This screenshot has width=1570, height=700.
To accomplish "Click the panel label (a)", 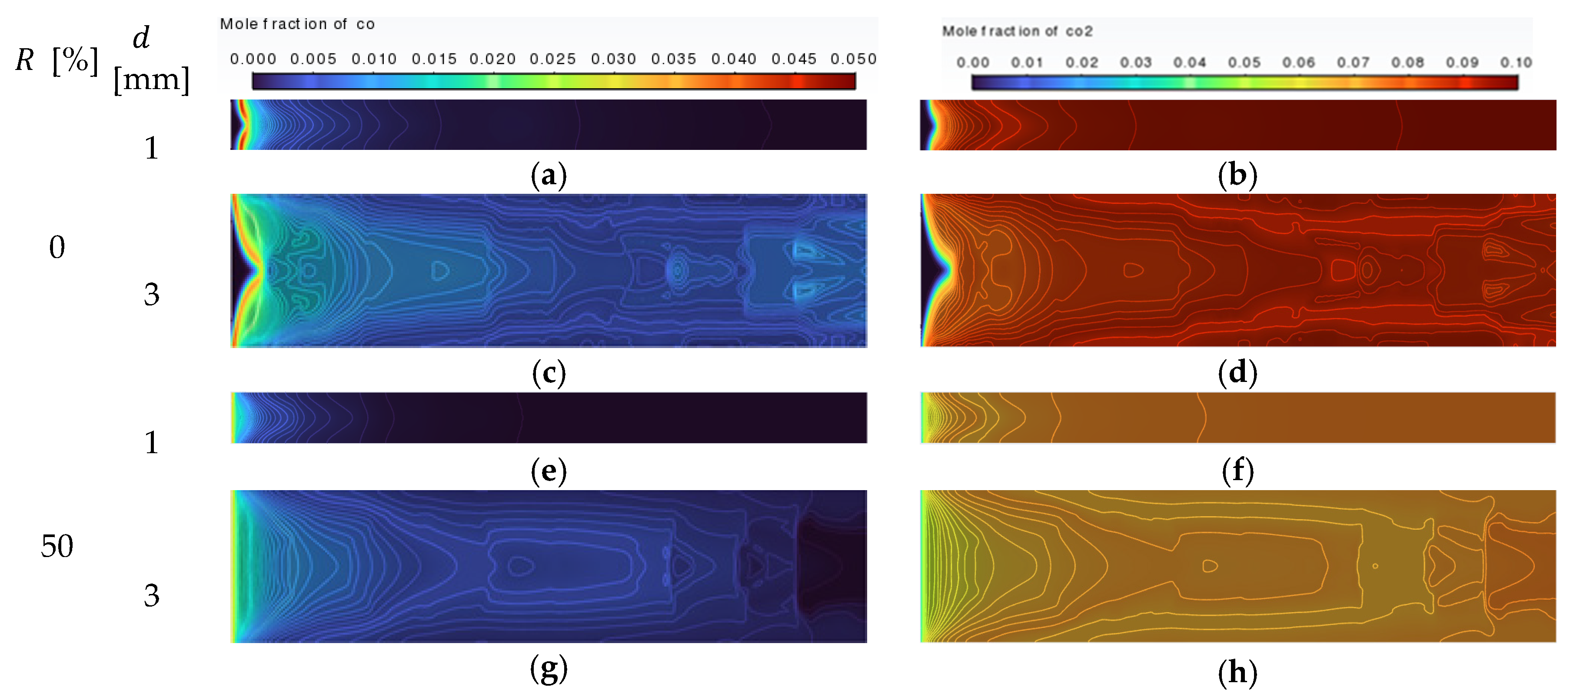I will (x=549, y=176).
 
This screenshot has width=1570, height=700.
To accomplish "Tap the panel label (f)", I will (x=1237, y=471).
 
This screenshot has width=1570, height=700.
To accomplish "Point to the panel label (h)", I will (x=1237, y=673).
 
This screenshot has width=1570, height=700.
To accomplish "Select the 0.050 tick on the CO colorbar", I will (x=853, y=59).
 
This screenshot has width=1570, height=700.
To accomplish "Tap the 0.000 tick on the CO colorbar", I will (x=253, y=59).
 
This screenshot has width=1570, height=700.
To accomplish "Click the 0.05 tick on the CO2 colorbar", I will (x=1244, y=63).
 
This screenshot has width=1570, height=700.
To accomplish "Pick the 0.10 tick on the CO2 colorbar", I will (x=1516, y=63).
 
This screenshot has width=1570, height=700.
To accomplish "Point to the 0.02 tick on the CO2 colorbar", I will (x=1081, y=63).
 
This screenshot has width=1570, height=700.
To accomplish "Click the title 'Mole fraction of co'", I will (x=297, y=24).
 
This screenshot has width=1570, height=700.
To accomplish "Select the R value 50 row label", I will (x=57, y=546).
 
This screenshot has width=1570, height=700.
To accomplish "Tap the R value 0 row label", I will (x=57, y=247).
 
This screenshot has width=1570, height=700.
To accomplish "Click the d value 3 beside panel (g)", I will (x=151, y=595).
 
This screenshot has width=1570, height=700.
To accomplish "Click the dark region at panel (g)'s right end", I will (x=832, y=567).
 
